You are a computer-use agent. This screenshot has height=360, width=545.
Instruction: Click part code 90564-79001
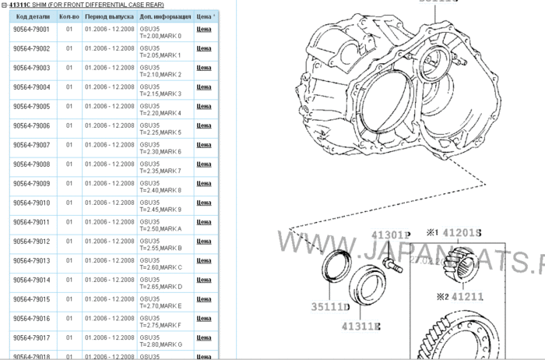point(32,29)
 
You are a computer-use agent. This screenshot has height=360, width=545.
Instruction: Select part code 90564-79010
point(32,203)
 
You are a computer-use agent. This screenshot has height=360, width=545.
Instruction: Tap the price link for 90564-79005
point(204,106)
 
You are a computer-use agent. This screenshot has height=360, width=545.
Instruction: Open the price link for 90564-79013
point(204,260)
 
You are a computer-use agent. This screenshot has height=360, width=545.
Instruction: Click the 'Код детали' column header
point(32,15)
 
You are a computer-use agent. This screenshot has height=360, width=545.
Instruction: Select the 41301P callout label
point(390,235)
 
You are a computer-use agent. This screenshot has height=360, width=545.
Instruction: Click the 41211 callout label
point(466,296)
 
